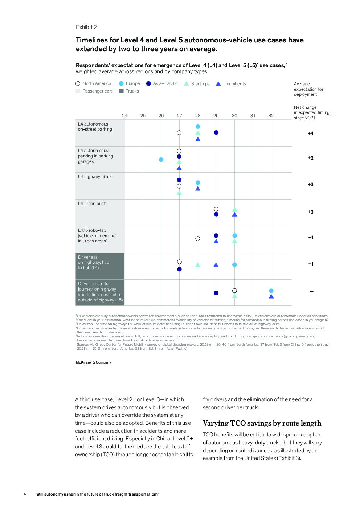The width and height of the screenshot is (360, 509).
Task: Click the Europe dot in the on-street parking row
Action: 198,127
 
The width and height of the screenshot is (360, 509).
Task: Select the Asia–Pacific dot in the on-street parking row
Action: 216,132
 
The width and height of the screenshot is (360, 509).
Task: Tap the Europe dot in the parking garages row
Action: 161,160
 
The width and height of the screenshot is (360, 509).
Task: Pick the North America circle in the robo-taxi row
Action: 198,239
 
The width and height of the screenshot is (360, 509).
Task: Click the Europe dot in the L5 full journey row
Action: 271,291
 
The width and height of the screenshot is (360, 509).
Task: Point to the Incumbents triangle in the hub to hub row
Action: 216,265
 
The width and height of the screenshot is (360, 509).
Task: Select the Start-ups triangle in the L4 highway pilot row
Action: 179,193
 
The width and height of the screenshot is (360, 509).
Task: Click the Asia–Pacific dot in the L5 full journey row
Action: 216,293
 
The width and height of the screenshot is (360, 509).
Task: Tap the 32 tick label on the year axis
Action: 271,115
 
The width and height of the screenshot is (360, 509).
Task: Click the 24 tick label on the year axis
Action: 124,115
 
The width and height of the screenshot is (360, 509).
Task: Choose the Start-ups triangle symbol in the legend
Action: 187,83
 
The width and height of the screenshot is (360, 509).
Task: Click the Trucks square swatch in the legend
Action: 121,91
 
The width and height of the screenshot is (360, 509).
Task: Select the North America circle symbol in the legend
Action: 78,83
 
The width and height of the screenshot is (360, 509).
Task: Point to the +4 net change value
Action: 310,133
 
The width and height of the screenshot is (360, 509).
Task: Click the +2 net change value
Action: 310,158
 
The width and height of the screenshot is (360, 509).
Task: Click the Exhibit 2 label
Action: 86,27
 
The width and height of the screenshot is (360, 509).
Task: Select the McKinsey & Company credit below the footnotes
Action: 93,362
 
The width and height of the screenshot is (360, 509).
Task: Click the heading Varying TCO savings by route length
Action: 262,423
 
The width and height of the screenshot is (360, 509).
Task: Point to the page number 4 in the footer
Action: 25,494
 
